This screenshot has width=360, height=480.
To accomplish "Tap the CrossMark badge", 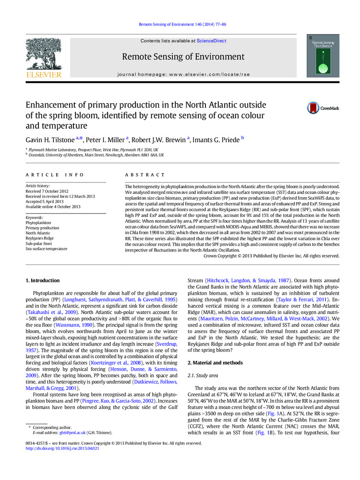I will (x=323, y=108).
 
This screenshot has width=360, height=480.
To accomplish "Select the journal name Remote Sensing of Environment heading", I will (x=183, y=57).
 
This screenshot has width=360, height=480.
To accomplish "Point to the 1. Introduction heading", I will (x=43, y=280).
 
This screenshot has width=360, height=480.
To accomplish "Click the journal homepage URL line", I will (x=183, y=75).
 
